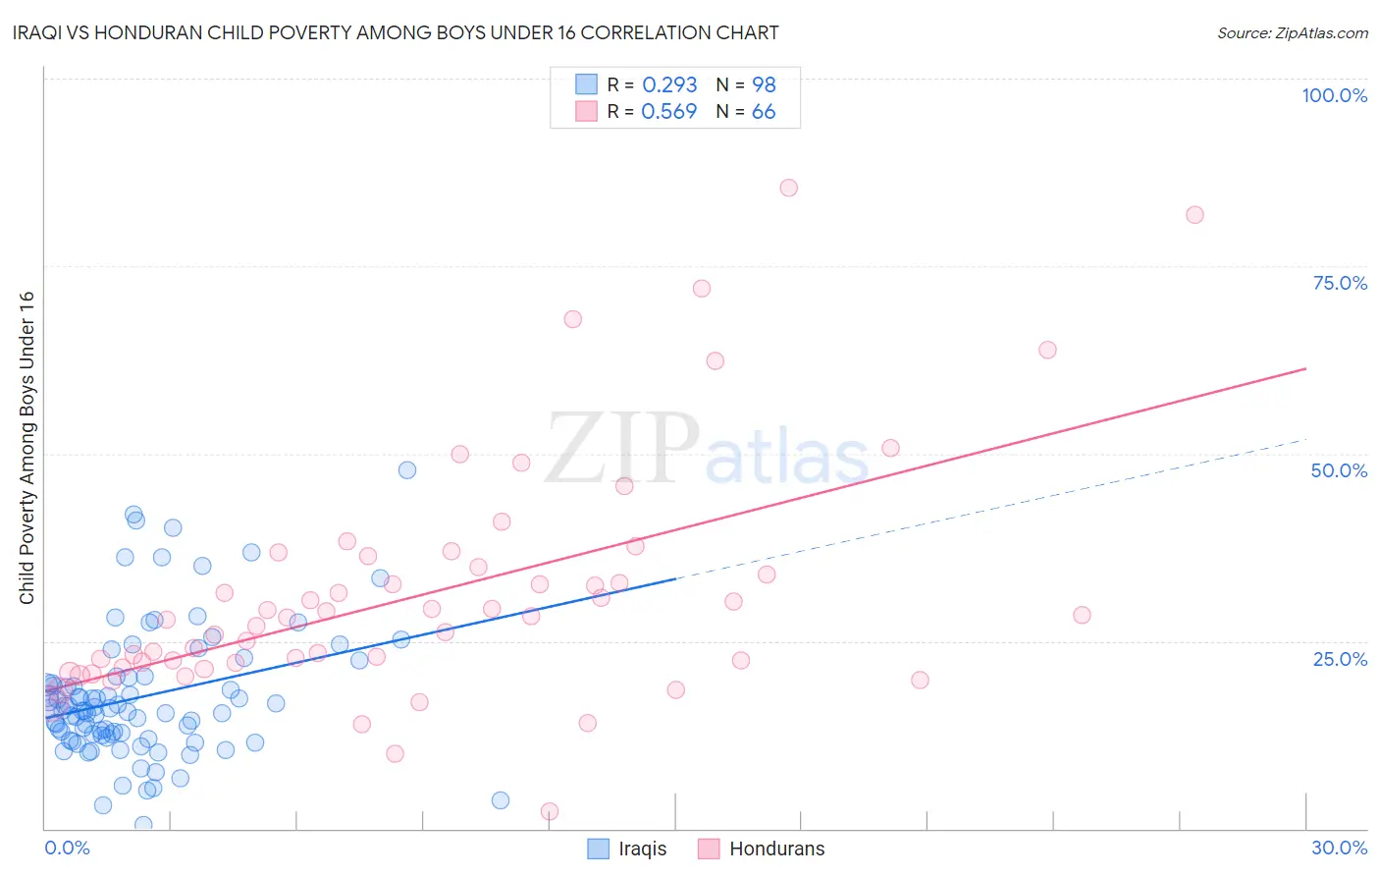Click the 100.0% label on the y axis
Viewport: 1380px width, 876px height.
[1334, 95]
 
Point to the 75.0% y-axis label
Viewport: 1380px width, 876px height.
[1340, 283]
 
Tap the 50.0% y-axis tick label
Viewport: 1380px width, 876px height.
[1339, 470]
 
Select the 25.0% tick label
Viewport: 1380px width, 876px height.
[1340, 658]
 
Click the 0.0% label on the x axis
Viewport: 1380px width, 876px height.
[67, 848]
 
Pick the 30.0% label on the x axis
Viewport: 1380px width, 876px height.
[1339, 848]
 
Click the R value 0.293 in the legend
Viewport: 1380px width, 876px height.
[669, 85]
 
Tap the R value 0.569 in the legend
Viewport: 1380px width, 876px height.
[668, 112]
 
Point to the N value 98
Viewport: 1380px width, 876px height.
[764, 85]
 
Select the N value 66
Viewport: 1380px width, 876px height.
[764, 112]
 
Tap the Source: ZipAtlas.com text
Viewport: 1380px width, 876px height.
[1292, 32]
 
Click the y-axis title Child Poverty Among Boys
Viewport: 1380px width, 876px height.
[27, 448]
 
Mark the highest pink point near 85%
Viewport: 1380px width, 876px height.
[788, 188]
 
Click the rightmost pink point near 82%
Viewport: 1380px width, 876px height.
[1194, 215]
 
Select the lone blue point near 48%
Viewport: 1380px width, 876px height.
[407, 470]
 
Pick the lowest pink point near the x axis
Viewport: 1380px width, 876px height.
[550, 811]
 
